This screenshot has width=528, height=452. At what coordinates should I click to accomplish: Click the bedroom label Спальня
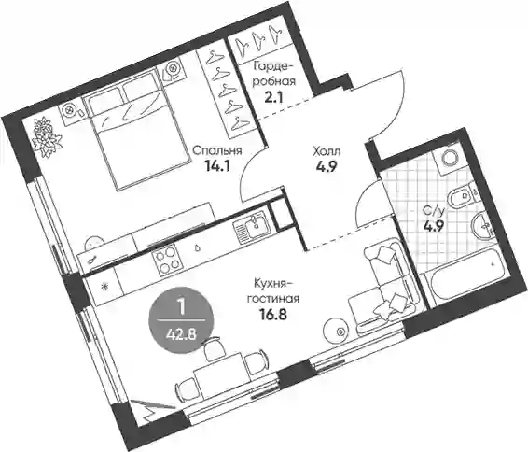coord(217,151)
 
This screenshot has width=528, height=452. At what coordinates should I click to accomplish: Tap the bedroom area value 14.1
coord(217,166)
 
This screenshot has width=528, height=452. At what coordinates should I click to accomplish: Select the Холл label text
coord(327,151)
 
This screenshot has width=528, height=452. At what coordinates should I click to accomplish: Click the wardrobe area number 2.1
coord(273,97)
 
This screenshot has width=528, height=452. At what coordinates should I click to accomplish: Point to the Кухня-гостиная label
coord(273,290)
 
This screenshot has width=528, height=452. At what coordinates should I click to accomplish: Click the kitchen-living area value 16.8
coord(273,315)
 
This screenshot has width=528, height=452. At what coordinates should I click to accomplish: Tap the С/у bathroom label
coord(434,211)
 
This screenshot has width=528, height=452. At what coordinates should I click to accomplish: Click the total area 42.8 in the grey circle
coord(182,335)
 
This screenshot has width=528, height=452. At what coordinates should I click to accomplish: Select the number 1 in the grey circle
coord(182,308)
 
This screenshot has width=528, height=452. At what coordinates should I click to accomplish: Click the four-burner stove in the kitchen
coord(166,259)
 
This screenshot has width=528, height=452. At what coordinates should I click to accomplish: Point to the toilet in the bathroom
coord(462,196)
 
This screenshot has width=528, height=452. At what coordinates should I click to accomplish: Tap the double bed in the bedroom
coord(137,128)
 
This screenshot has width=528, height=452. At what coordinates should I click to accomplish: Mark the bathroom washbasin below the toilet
coord(484,225)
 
